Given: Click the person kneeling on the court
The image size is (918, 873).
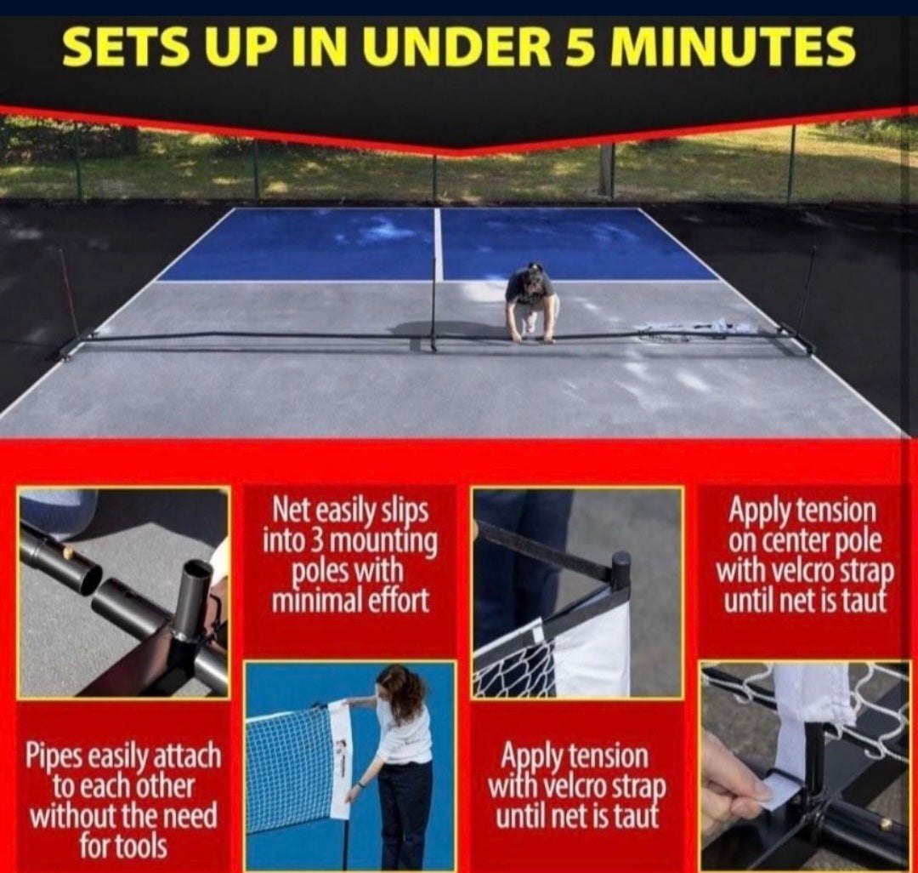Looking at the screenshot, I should [531, 302].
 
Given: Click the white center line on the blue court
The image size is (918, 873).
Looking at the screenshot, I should [438, 242].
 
